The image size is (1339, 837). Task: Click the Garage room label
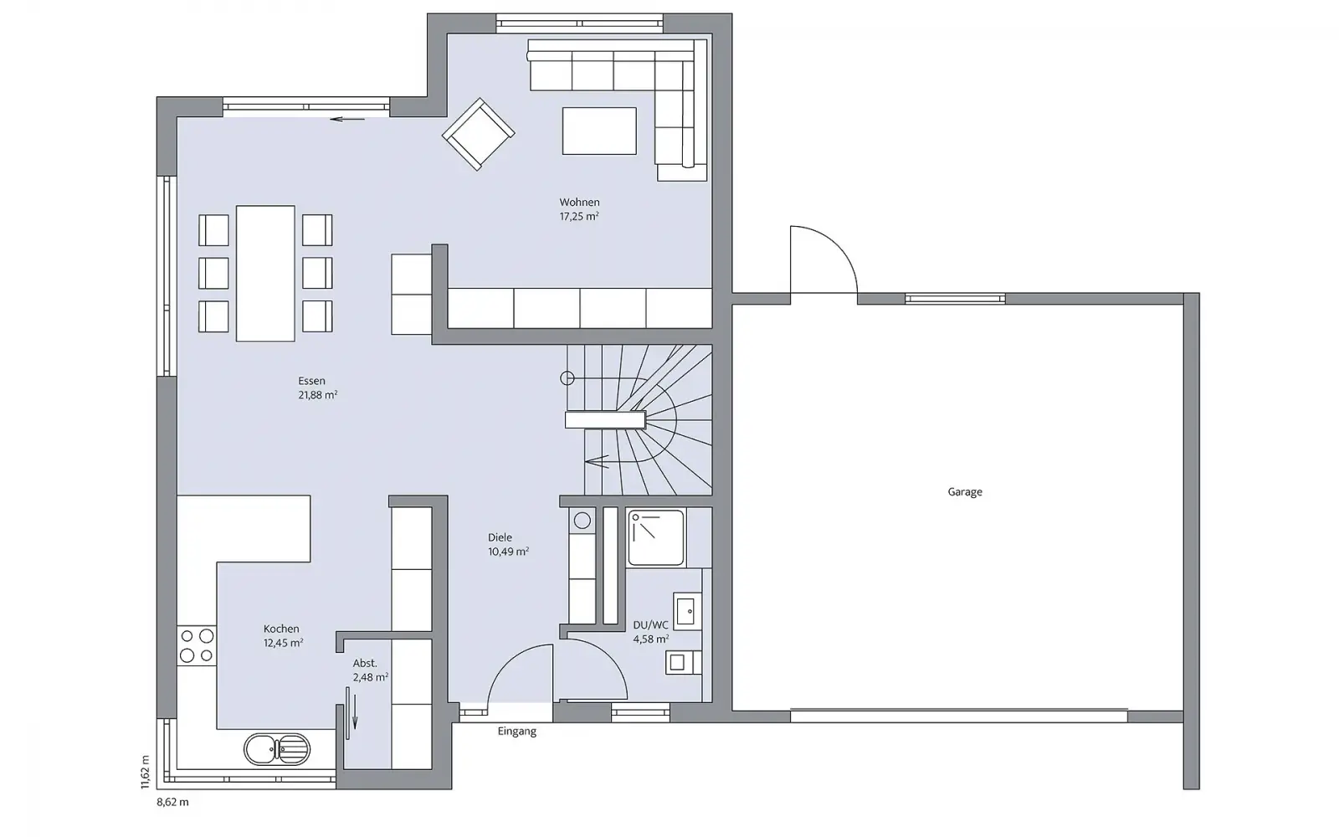(x=965, y=492)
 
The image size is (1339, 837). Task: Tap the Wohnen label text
(x=579, y=203)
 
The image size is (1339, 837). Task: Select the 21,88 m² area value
(x=318, y=395)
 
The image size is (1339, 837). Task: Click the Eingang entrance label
(x=517, y=732)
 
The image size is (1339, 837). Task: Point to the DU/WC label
(x=650, y=625)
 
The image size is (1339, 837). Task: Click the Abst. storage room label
(x=365, y=663)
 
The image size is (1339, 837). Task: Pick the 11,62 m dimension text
(x=146, y=772)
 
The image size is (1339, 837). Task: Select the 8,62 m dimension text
(x=172, y=803)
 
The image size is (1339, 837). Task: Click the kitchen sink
(x=277, y=749)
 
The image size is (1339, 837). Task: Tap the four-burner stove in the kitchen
(x=197, y=645)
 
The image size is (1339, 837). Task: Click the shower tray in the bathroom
(x=656, y=537)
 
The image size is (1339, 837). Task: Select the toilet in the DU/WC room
(x=683, y=662)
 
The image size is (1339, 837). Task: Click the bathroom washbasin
(x=687, y=611)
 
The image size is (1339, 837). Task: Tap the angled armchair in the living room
(x=478, y=135)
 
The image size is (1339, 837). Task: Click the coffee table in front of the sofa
(x=599, y=131)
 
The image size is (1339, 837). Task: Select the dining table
(x=265, y=273)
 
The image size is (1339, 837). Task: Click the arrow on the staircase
(x=597, y=461)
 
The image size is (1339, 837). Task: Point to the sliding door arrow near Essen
(x=347, y=119)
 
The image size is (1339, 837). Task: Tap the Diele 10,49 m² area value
(x=508, y=552)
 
